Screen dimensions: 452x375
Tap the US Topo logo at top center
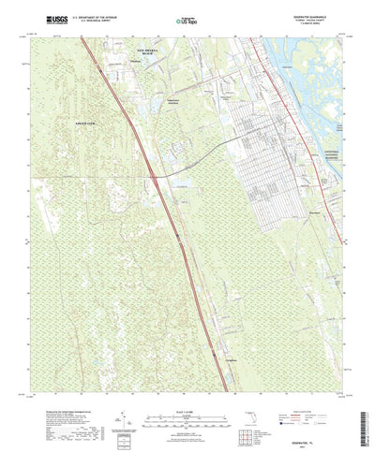click(x=187, y=19)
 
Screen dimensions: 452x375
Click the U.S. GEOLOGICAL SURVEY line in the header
click(x=112, y=21)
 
